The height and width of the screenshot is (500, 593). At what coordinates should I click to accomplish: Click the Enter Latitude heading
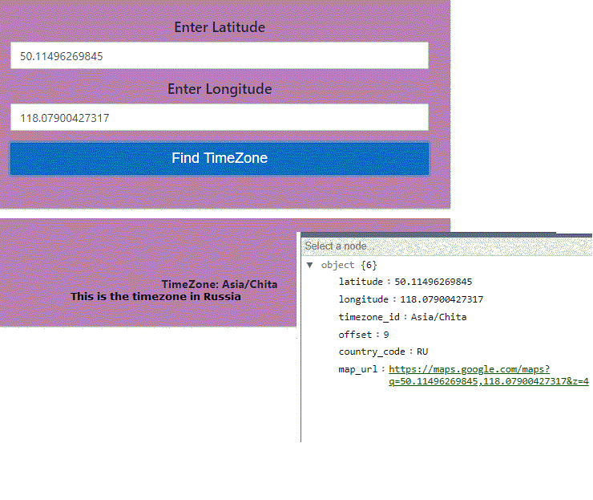[x=220, y=27]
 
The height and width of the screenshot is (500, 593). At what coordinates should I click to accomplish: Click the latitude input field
[x=220, y=55]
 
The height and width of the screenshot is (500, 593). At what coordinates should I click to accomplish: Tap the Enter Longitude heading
[x=220, y=89]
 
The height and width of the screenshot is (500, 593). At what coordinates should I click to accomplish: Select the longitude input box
[x=220, y=117]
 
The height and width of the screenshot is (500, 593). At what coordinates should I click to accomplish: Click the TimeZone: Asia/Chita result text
[x=220, y=284]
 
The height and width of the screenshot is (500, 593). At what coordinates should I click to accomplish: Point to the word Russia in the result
[x=222, y=296]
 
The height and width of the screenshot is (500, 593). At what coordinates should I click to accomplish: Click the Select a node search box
[x=446, y=246]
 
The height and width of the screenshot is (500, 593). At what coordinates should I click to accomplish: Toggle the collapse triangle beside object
[x=310, y=265]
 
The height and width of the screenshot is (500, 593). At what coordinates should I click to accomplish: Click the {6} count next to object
[x=369, y=265]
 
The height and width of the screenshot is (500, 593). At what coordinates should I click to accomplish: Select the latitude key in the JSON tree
[x=361, y=282]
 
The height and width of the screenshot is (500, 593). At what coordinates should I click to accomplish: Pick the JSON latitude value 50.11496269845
[x=434, y=282]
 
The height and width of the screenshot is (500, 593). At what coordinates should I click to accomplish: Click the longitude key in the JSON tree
[x=364, y=299]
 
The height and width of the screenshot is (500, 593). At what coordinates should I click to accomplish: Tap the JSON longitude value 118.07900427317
[x=442, y=299]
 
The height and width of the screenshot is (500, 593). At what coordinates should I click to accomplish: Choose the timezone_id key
[x=369, y=317]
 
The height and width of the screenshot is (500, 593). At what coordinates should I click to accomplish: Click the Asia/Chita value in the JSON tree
[x=438, y=317]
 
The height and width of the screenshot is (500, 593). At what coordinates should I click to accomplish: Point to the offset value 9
[x=386, y=335]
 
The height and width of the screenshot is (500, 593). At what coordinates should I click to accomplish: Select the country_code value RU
[x=422, y=352]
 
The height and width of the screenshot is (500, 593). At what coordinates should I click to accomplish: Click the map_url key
[x=358, y=369]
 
